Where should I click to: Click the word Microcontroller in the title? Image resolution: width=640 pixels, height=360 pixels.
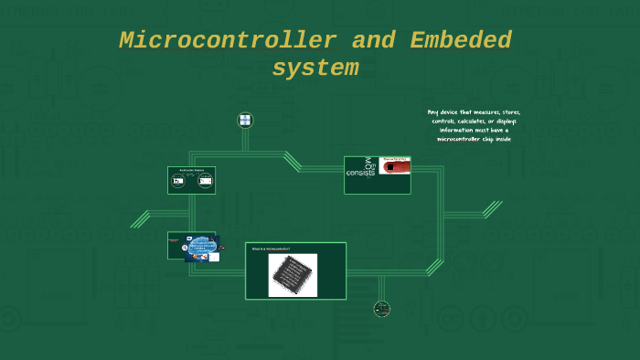[228, 41]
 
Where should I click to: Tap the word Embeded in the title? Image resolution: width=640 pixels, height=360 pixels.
[461, 41]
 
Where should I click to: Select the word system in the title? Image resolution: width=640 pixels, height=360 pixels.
[315, 69]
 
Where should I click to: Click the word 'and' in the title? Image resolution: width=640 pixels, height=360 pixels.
[373, 41]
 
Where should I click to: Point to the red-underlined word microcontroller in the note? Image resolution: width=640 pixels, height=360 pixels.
[458, 139]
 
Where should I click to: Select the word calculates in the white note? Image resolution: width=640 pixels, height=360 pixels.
[478, 121]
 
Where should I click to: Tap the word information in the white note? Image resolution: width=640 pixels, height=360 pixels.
[457, 130]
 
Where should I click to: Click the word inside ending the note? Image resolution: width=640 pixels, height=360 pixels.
[503, 139]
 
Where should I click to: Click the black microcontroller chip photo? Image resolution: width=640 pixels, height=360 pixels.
[293, 275]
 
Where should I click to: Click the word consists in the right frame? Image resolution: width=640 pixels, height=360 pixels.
[360, 173]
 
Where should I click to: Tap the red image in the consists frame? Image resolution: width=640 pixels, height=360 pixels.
[395, 165]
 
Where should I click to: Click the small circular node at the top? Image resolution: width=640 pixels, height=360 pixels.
[245, 120]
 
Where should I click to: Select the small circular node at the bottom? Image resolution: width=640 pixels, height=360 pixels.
[382, 309]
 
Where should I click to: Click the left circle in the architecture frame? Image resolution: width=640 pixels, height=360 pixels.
[178, 182]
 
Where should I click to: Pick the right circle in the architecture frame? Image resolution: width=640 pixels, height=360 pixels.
[205, 182]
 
